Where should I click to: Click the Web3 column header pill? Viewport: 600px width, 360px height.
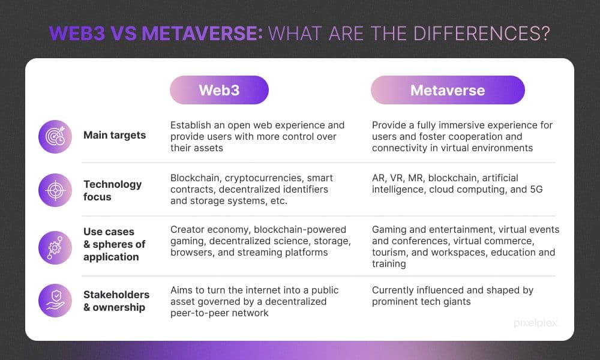[x=219, y=90]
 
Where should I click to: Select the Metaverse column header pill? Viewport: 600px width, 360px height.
[x=448, y=90]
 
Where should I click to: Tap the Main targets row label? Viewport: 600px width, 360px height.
[x=115, y=135]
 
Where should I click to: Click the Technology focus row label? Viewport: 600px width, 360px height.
[x=112, y=190]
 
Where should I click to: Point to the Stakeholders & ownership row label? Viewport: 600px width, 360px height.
[x=116, y=301]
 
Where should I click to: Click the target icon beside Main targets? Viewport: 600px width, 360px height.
[x=55, y=136]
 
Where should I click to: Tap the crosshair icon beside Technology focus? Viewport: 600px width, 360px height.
[x=55, y=191]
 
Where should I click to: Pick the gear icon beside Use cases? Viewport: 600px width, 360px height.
[x=55, y=245]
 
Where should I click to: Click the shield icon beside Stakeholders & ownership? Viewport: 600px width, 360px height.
[x=55, y=300]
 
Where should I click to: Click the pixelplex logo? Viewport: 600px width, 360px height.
[x=535, y=323]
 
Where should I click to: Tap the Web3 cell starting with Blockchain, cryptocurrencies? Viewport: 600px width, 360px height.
[x=251, y=190]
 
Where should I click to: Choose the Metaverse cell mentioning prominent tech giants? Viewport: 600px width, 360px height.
[x=452, y=296]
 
